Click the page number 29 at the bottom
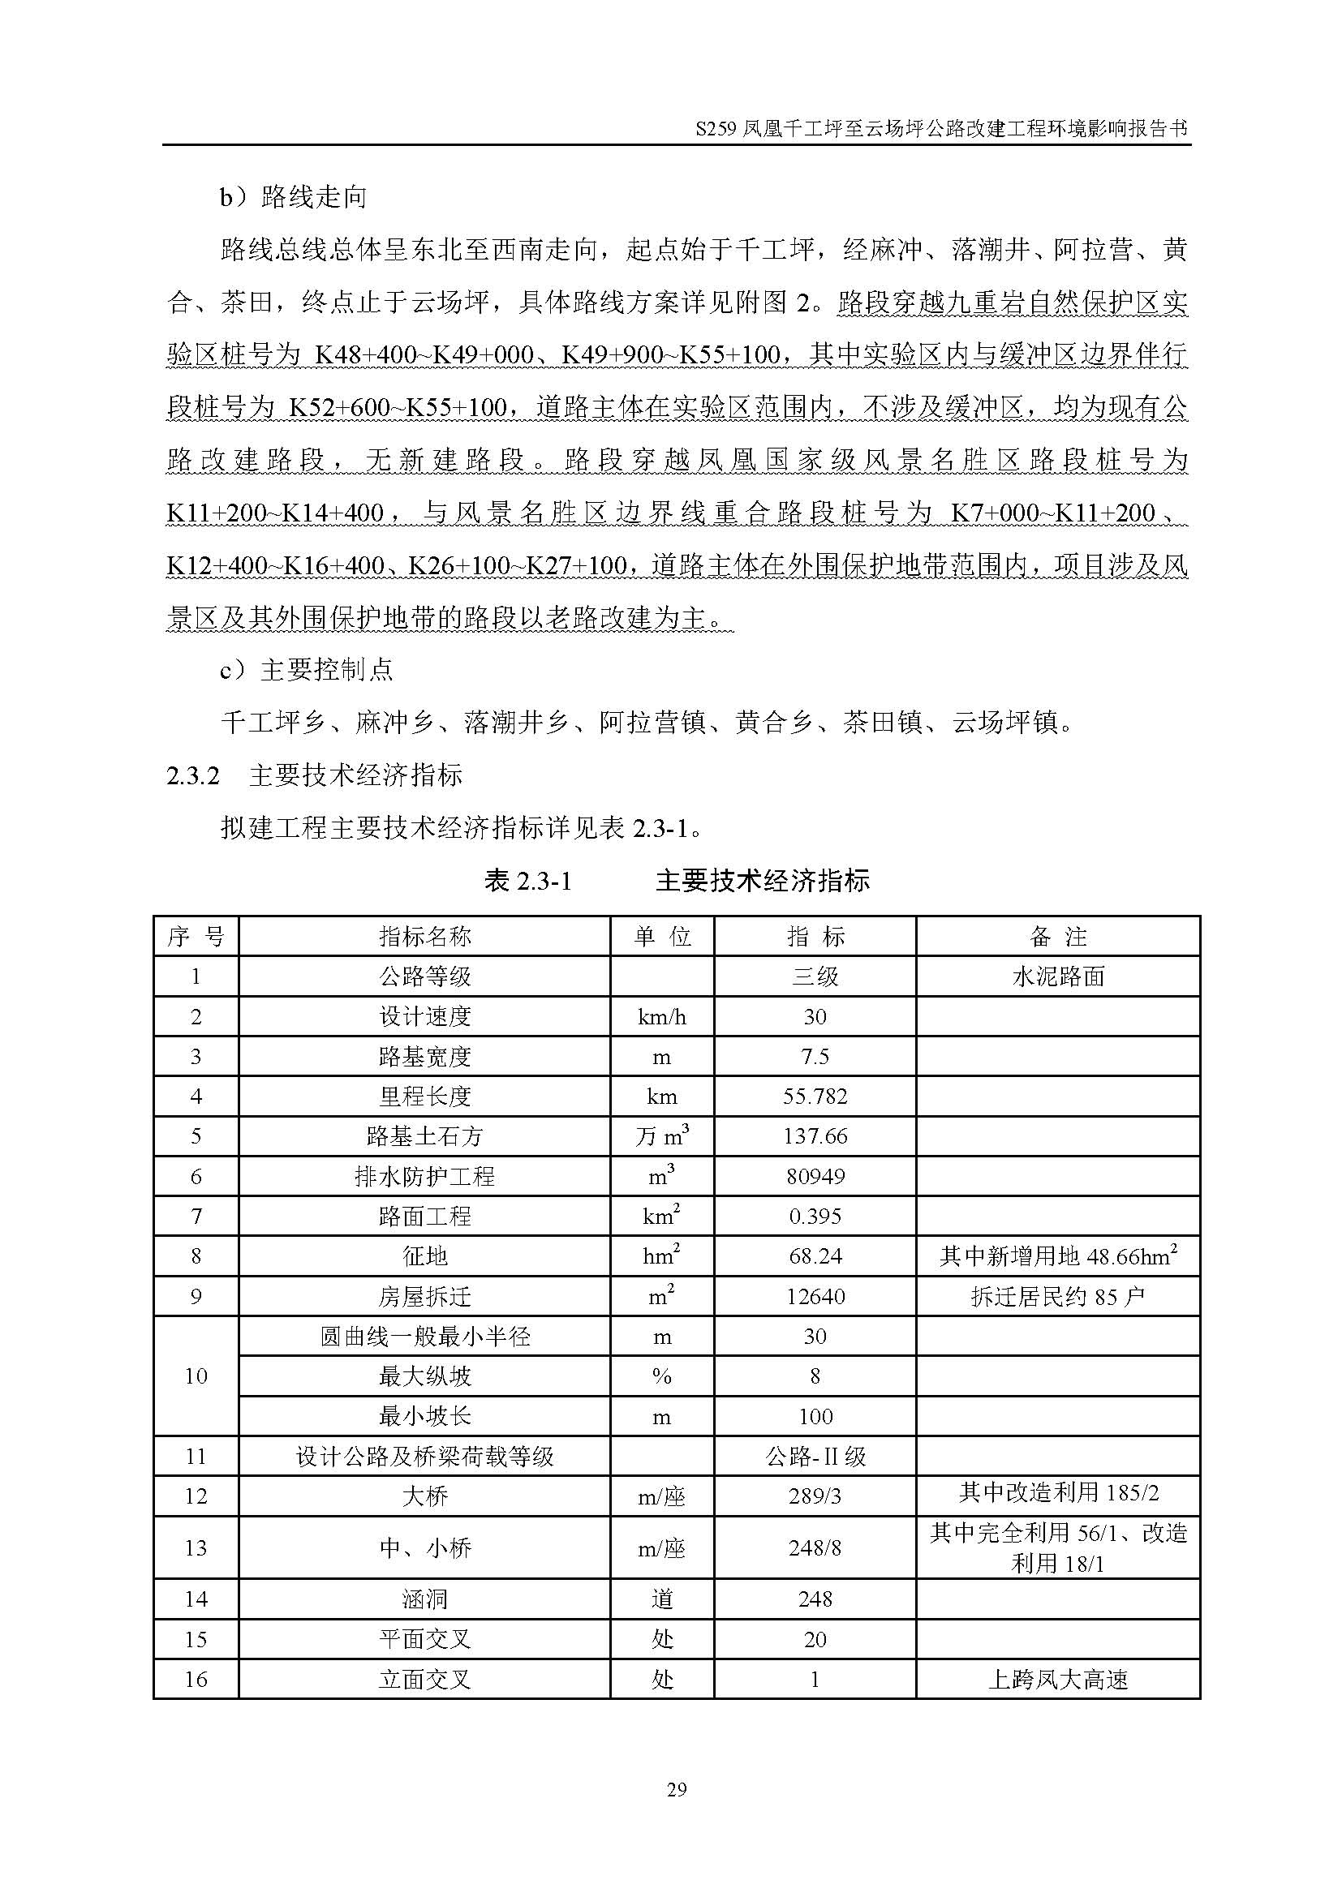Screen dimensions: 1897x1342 (x=676, y=1789)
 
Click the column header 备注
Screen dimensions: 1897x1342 (x=1058, y=937)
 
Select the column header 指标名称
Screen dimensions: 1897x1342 (x=424, y=937)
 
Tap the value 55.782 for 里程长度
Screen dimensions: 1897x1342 (x=815, y=1097)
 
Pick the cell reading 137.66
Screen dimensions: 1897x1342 (x=815, y=1136)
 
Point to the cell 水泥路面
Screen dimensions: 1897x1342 (x=1058, y=976)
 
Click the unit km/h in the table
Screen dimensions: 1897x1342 (x=662, y=1017)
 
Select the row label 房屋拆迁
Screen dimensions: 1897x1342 (x=424, y=1296)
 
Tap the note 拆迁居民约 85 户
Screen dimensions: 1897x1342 (x=1058, y=1296)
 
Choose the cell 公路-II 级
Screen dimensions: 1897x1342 (x=815, y=1457)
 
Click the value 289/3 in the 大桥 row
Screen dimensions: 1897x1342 (x=815, y=1496)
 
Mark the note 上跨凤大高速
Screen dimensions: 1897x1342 (x=1058, y=1680)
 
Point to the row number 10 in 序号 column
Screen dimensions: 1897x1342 (x=196, y=1376)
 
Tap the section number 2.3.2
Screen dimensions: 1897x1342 (x=192, y=775)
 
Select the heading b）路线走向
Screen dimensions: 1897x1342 (x=293, y=197)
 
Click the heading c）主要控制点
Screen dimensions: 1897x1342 (x=306, y=669)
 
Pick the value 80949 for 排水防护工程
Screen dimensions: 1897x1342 (x=815, y=1177)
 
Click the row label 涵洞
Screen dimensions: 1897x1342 (x=424, y=1599)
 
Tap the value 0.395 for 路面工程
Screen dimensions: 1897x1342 (x=815, y=1217)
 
